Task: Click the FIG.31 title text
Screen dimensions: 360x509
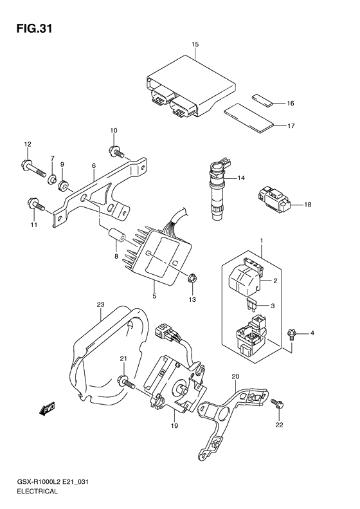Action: coord(34,28)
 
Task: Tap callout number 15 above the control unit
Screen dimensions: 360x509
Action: coord(195,44)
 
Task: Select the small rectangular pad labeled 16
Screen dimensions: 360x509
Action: coord(262,100)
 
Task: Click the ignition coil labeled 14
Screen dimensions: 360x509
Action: coord(217,189)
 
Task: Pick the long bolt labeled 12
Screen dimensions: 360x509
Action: coord(33,168)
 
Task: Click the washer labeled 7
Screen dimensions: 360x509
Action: coord(51,179)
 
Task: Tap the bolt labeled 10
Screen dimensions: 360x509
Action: coord(116,151)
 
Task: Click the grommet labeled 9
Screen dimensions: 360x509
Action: coord(63,185)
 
